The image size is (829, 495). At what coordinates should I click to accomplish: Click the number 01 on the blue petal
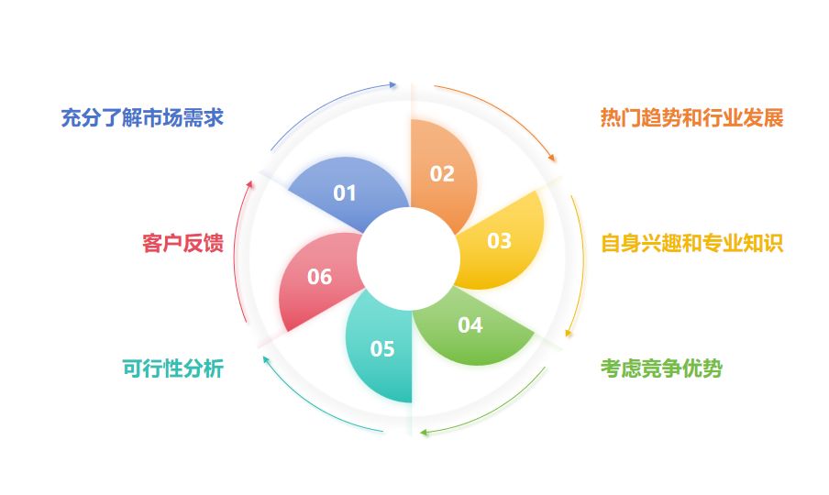click(344, 192)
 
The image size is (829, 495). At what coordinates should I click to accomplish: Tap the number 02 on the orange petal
click(442, 174)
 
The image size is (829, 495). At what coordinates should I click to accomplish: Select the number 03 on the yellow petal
click(499, 241)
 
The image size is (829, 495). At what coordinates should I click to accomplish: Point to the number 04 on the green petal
click(470, 325)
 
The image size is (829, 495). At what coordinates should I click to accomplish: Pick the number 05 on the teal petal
click(382, 349)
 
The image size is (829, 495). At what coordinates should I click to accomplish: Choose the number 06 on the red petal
click(320, 276)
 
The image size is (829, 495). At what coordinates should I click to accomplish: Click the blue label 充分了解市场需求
click(142, 118)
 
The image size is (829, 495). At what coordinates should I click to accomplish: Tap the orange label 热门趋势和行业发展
click(691, 118)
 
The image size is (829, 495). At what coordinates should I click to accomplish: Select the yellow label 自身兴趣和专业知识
click(691, 244)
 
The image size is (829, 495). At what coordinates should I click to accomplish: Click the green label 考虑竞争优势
click(661, 368)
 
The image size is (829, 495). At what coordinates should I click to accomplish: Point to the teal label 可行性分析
click(172, 368)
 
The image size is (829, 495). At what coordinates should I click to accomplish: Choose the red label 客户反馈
click(182, 244)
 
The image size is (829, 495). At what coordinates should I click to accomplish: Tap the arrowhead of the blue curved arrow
click(393, 84)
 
